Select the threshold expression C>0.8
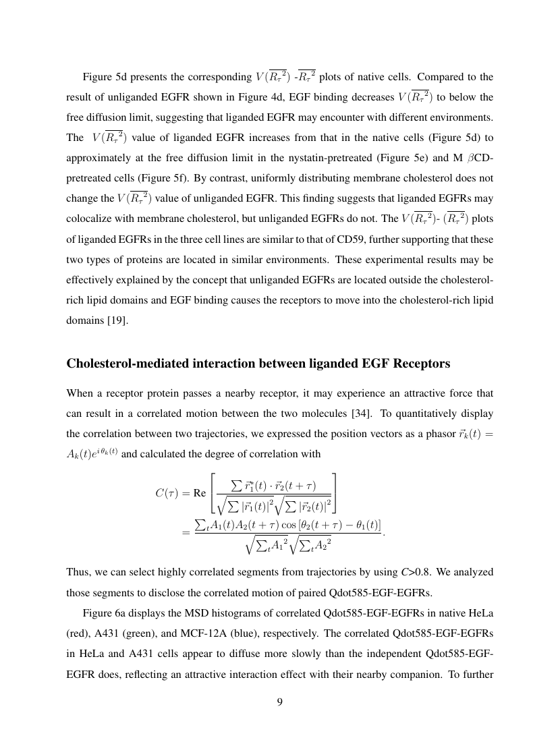pyautogui.click(x=415, y=572)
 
